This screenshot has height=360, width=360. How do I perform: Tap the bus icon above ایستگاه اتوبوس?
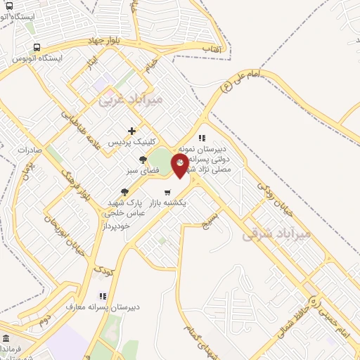pos(36,47)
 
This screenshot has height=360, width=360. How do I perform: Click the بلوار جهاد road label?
pos(106,43)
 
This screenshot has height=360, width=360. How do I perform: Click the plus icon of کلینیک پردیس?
pos(131,130)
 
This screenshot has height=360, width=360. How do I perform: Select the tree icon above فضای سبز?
pos(143,159)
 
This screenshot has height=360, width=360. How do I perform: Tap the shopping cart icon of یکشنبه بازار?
pos(167,191)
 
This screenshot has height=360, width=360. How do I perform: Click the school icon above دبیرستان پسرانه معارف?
pos(103,296)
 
